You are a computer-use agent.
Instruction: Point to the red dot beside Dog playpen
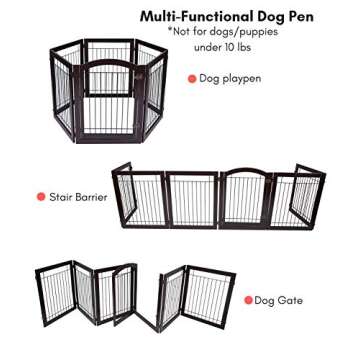191,78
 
